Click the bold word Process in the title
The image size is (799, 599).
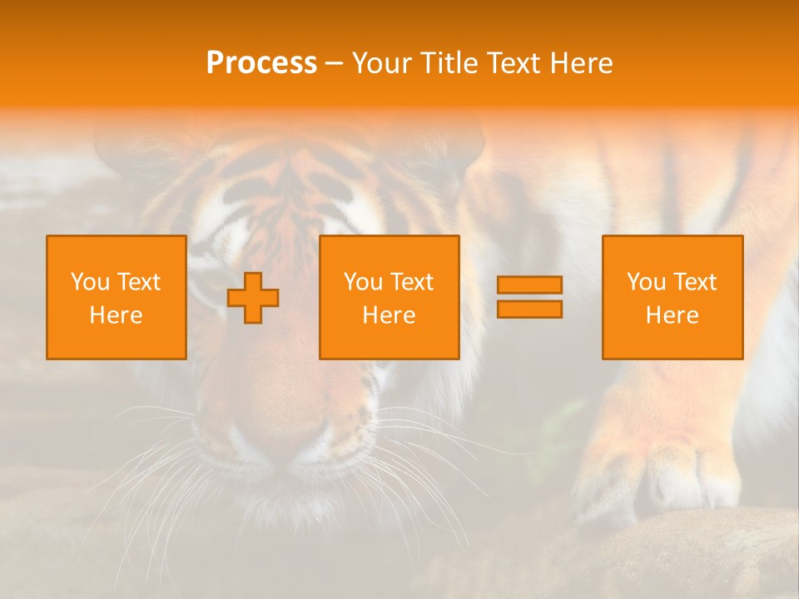[261, 63]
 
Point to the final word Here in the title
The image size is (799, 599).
[583, 63]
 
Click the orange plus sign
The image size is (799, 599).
[253, 298]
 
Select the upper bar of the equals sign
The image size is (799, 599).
[529, 285]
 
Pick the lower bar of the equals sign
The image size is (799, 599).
[529, 309]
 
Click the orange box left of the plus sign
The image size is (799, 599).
[117, 297]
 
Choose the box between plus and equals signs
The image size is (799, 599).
[389, 297]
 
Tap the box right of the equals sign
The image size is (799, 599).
[672, 297]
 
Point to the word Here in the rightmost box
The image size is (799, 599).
[672, 315]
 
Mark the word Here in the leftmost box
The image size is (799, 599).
[117, 315]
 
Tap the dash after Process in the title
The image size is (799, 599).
[335, 63]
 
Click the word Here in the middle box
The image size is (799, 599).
[389, 315]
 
